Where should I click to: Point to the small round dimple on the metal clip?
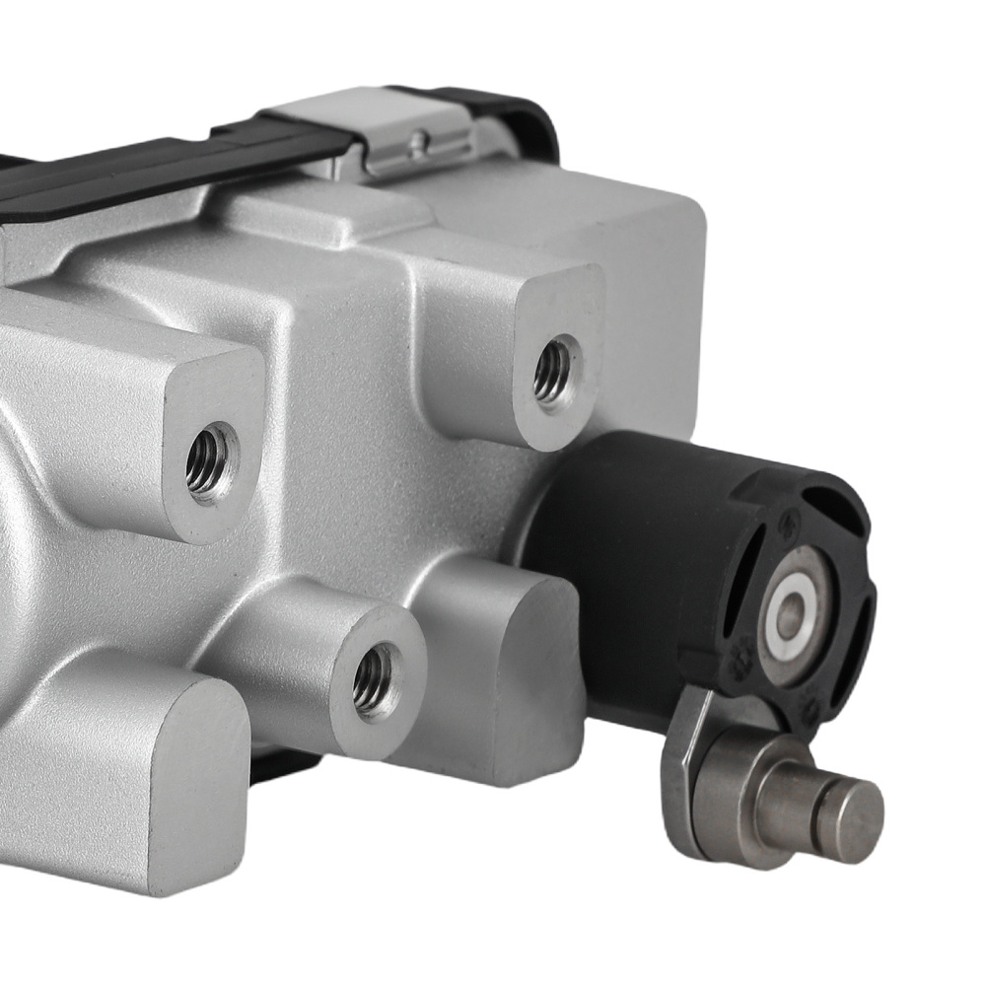coord(419,139)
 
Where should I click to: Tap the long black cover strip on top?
coord(148,174)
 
